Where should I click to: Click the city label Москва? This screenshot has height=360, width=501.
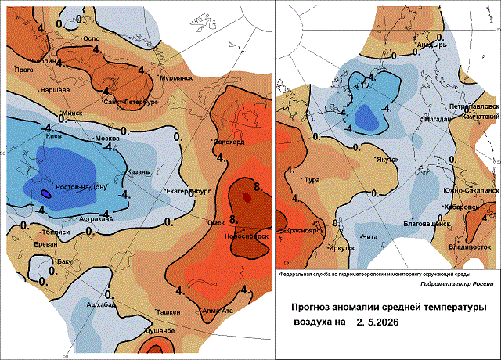pos(106,139)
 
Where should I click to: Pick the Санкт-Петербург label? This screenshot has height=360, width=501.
pos(128,103)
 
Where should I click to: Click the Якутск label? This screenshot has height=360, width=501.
pos(387,159)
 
